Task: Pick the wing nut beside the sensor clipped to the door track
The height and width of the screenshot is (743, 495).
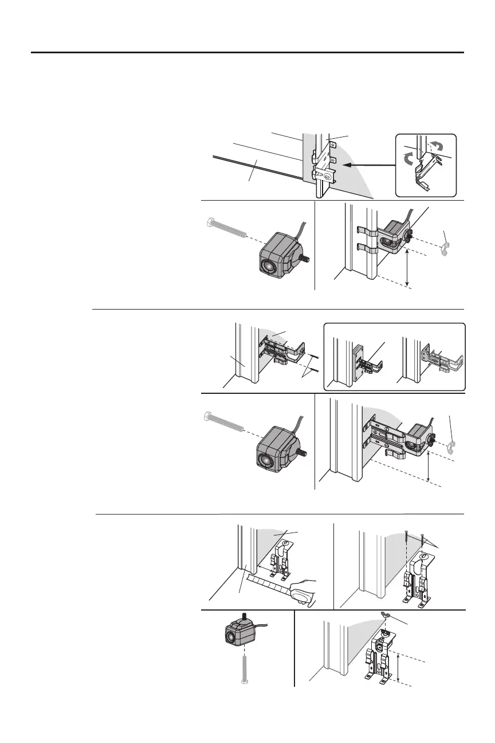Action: pyautogui.click(x=445, y=251)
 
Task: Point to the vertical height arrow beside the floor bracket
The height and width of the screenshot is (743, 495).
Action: pyautogui.click(x=398, y=667)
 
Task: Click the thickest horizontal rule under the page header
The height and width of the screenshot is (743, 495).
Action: pyautogui.click(x=247, y=52)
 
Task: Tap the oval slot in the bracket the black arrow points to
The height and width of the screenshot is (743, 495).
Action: pyautogui.click(x=328, y=177)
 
